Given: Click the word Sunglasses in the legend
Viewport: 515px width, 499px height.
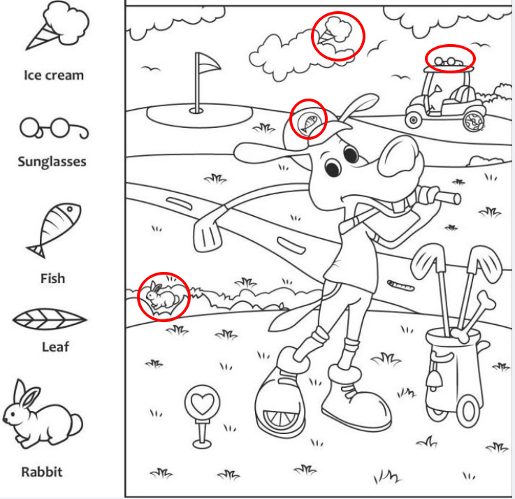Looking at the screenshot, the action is click(x=52, y=161).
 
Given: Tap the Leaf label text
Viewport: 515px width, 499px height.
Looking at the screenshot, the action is click(x=55, y=347).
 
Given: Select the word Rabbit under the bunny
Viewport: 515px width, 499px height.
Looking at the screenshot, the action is click(x=42, y=472).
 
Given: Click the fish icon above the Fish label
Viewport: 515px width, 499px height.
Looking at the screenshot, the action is click(x=55, y=230).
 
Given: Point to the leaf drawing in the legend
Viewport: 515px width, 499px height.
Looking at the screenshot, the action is click(x=50, y=319).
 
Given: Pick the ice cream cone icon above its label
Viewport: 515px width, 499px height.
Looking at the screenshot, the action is click(x=57, y=25).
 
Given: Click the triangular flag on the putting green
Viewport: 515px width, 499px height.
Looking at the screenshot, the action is click(x=208, y=63).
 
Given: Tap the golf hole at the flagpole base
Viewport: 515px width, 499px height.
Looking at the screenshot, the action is click(x=196, y=111).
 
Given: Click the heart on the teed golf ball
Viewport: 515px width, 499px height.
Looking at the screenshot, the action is click(x=203, y=403).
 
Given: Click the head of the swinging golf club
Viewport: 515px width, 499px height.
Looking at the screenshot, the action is click(x=208, y=234).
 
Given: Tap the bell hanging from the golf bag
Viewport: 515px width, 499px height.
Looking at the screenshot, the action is click(x=433, y=379).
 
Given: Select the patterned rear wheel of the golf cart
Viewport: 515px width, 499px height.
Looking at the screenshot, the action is click(x=473, y=121).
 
